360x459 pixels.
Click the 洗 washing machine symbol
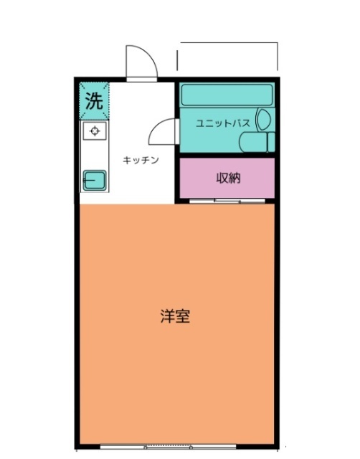coord(94,100)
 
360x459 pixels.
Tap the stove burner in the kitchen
coord(94,131)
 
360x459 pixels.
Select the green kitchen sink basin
coord(93,179)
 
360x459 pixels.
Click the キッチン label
coord(140,160)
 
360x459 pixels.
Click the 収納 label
coord(228,178)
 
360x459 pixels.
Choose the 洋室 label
coord(175,316)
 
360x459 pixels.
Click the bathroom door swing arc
coord(162,133)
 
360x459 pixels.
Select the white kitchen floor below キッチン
coord(140,186)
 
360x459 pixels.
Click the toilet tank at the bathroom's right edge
coord(270,141)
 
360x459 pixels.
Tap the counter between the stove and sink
coord(94,154)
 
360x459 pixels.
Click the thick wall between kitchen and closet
coord(177,179)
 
